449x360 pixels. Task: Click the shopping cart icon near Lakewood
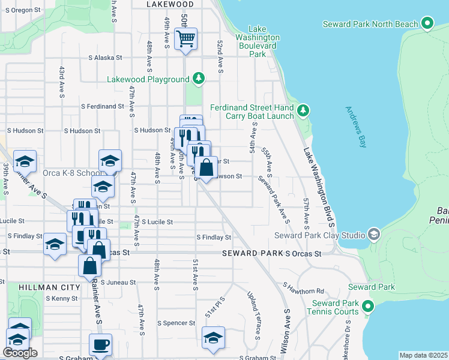click(185, 40)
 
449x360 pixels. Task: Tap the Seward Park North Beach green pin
click(427, 24)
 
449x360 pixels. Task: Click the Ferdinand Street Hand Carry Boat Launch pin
click(304, 110)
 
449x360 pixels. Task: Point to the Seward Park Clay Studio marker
click(375, 234)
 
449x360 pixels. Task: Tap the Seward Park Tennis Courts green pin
click(368, 307)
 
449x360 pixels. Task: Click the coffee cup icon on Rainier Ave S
click(100, 345)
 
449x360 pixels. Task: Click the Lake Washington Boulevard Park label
click(257, 41)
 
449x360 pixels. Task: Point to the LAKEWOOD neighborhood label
click(170, 4)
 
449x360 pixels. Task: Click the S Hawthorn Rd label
click(303, 291)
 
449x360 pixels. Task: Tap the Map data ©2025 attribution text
click(423, 355)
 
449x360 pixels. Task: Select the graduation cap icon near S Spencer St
click(213, 337)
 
